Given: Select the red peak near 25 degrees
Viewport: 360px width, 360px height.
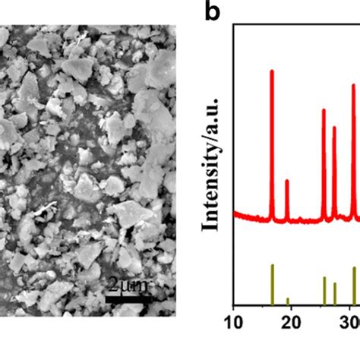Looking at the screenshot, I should (x=324, y=111).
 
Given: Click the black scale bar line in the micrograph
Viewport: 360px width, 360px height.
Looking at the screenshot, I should (x=128, y=298).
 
